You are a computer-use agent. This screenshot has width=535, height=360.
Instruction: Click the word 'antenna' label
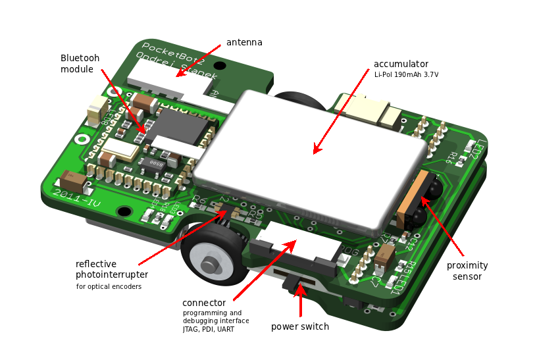244,43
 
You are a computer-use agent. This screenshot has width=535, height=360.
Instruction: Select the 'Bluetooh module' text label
80,64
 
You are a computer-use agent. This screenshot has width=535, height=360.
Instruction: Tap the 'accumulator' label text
401,64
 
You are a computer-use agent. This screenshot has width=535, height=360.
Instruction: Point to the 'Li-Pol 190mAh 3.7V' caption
406,75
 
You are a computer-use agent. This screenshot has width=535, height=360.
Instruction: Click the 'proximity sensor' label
467,270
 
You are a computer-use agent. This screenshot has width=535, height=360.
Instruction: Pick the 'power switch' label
300,326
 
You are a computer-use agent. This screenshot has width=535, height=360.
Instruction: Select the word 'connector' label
204,303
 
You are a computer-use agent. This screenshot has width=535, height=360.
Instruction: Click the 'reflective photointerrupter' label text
112,269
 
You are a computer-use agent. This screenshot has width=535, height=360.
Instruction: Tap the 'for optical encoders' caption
109,287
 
